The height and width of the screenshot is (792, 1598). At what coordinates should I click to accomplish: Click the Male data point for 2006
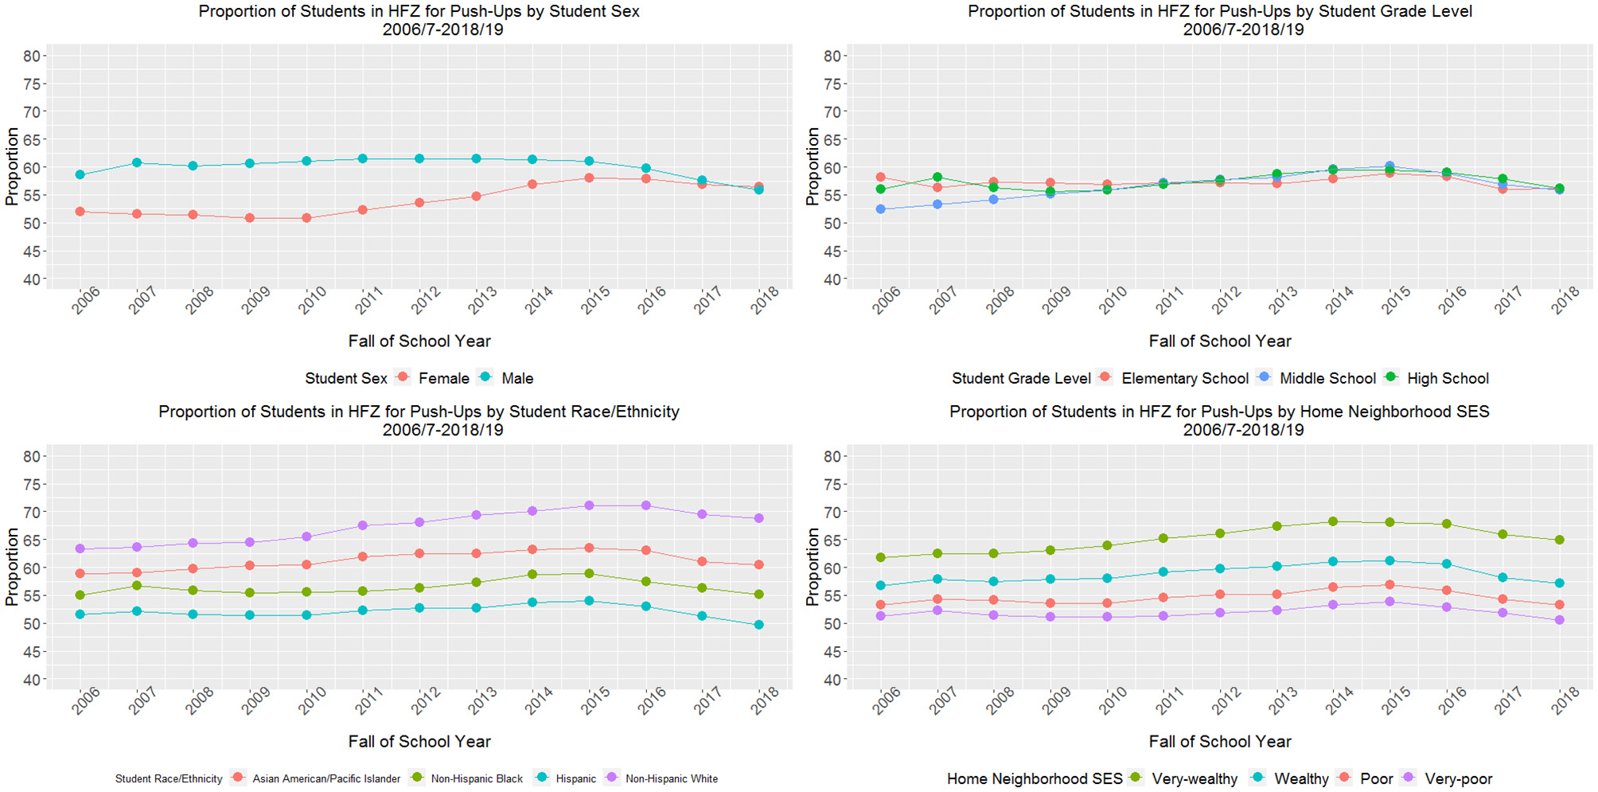[80, 174]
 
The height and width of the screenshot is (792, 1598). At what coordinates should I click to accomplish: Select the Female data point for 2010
[306, 218]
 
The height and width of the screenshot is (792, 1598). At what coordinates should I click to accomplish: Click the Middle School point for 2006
[880, 209]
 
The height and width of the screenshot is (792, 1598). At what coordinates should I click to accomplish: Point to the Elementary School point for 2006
[880, 178]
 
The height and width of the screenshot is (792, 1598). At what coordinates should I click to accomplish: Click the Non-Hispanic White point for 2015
[589, 505]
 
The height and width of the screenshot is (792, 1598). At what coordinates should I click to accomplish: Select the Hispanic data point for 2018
[758, 625]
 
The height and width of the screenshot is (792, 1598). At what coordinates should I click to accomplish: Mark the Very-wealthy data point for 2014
[1333, 521]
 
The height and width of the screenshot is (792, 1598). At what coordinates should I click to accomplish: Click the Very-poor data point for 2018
[1559, 620]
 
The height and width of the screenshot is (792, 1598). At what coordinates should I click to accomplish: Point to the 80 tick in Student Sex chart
[32, 56]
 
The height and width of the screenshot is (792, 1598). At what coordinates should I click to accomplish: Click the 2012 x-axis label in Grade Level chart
[1226, 302]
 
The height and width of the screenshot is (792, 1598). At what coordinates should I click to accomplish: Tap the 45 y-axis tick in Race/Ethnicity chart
[32, 652]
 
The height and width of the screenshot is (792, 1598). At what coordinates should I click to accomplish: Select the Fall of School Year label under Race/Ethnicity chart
[419, 741]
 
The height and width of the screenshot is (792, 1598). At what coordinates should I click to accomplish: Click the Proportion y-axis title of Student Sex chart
[11, 166]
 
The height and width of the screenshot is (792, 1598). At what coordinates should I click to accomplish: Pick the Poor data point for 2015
[1389, 585]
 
